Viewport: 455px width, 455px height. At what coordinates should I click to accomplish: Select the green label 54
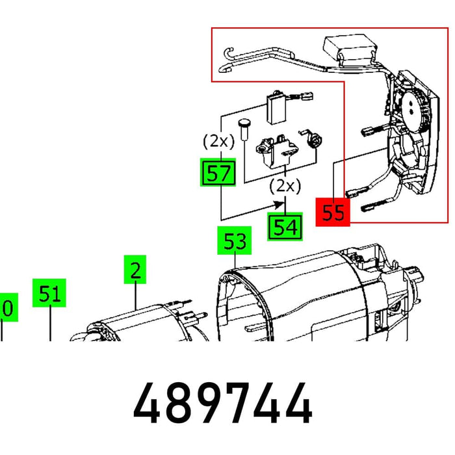click(285, 227)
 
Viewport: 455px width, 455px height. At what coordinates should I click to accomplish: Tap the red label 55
click(333, 212)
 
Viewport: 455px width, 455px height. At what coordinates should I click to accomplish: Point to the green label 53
click(235, 241)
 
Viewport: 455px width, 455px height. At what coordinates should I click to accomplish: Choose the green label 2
click(135, 270)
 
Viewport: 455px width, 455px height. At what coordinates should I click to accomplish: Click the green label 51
click(50, 294)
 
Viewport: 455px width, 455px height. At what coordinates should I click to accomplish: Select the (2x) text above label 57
click(218, 141)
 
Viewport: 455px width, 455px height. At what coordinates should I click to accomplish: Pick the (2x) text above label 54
click(285, 186)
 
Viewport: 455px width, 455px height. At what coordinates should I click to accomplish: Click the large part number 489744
click(223, 404)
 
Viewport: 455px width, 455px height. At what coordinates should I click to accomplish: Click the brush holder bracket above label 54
click(275, 149)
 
